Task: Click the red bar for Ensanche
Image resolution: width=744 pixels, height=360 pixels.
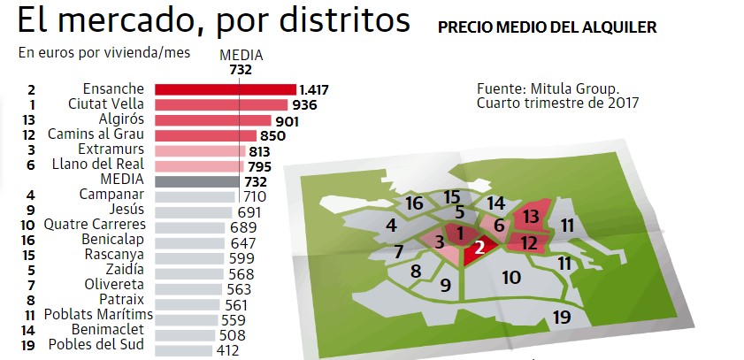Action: pyautogui.click(x=225, y=89)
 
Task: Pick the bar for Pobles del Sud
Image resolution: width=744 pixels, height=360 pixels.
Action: pyautogui.click(x=183, y=350)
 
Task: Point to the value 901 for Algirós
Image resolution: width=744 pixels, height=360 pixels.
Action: pyautogui.click(x=288, y=120)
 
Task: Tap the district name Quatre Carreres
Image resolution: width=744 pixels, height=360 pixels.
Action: pyautogui.click(x=97, y=226)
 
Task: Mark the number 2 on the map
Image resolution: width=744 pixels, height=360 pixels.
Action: pyautogui.click(x=479, y=249)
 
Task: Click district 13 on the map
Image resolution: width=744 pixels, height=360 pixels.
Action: pyautogui.click(x=532, y=215)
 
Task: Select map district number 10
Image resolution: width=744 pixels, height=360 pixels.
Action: pyautogui.click(x=510, y=277)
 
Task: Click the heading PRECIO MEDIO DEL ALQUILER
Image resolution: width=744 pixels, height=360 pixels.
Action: pyautogui.click(x=547, y=27)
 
